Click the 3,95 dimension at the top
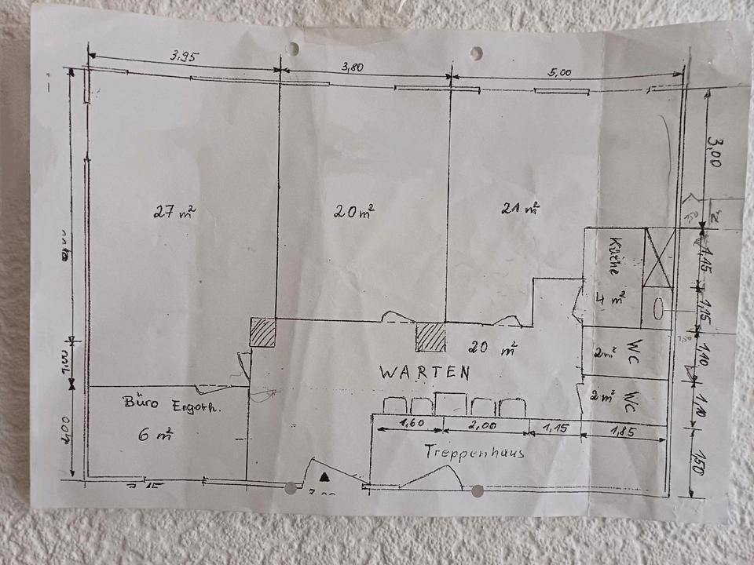[x=184, y=56]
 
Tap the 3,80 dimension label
[x=352, y=68]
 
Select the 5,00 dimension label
[x=561, y=72]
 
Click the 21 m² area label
[x=520, y=208]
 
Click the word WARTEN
[x=425, y=373]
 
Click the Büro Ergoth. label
[x=173, y=405]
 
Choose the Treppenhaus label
[x=474, y=453]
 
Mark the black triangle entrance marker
[x=324, y=476]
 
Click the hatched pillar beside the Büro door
[x=263, y=333]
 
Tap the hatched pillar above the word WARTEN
[x=431, y=337]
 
